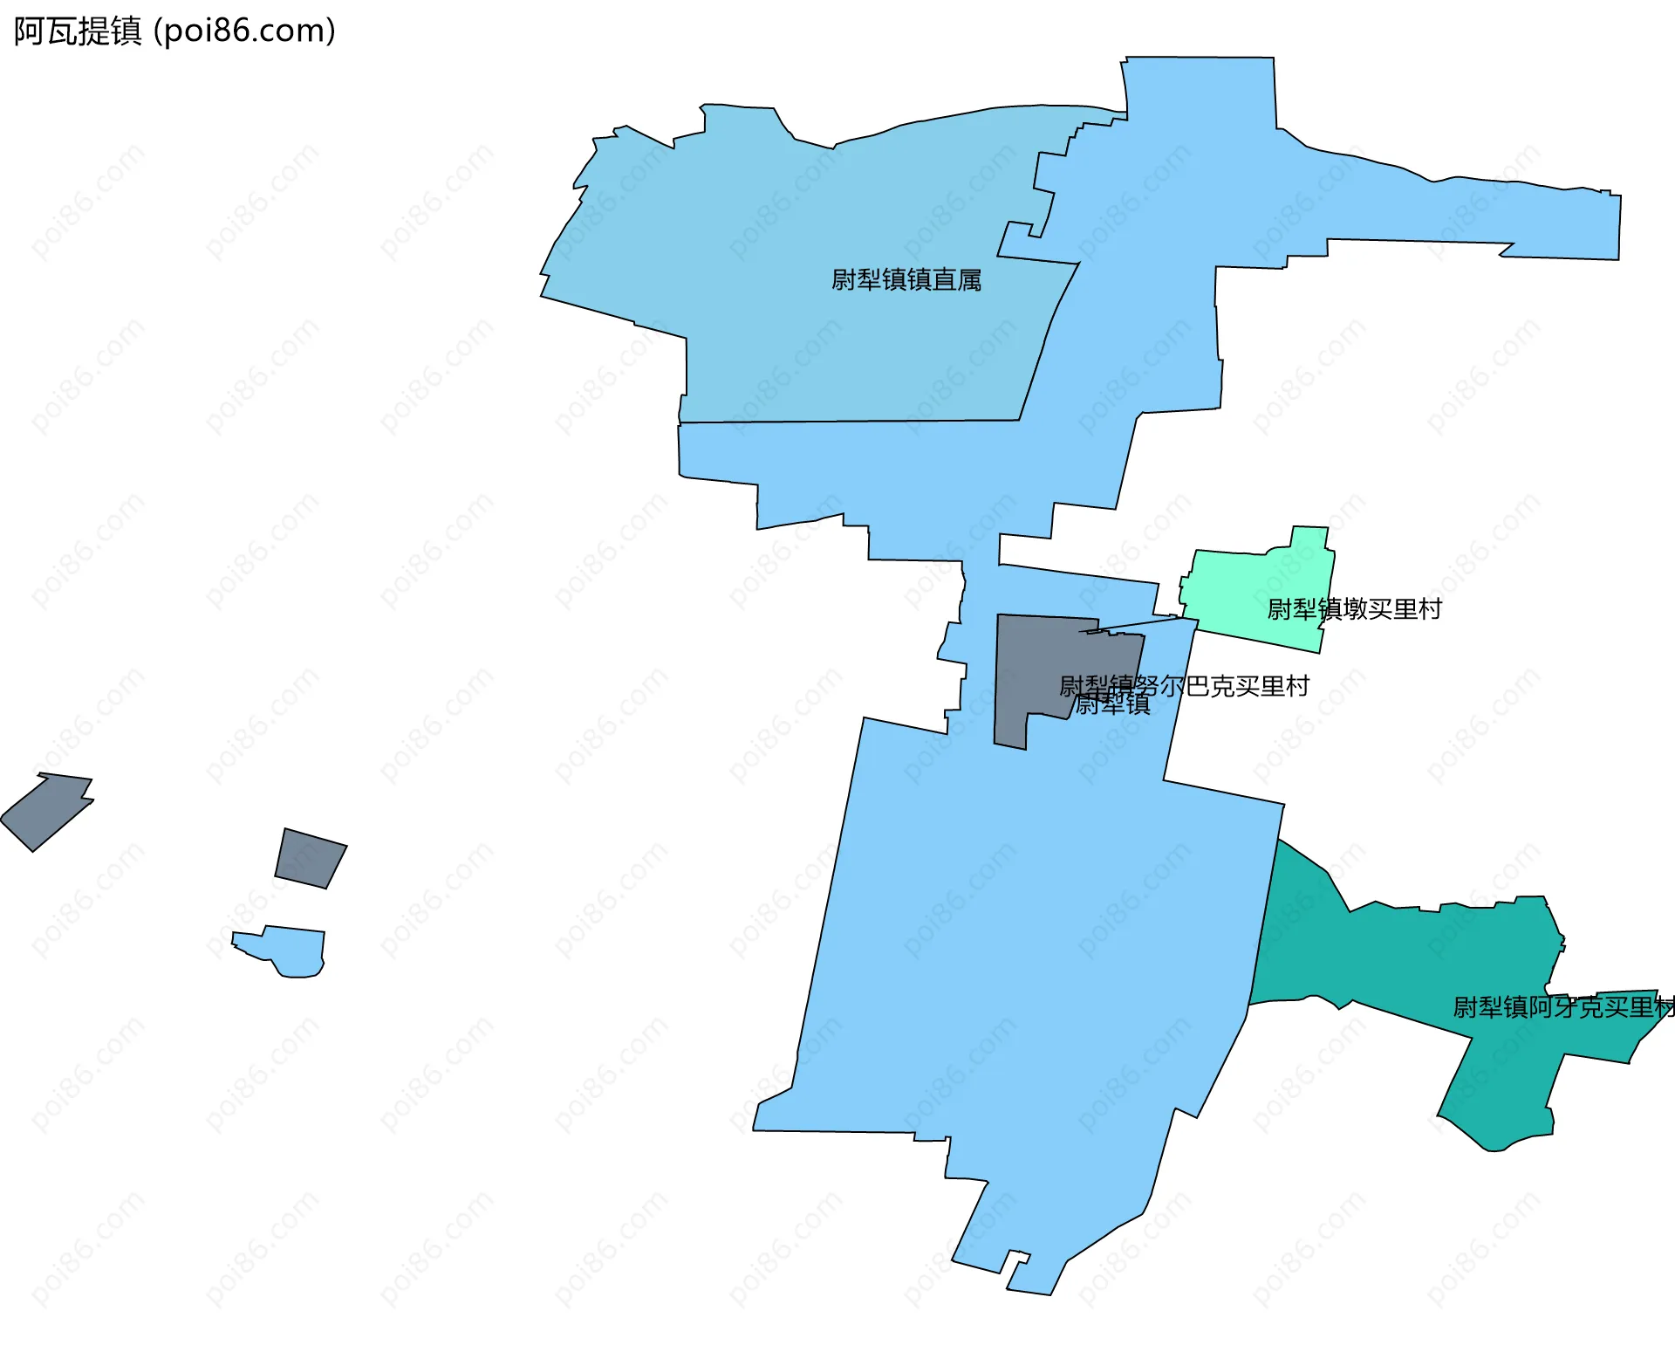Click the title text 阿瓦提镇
[78, 31]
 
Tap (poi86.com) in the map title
[244, 31]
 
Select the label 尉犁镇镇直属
[906, 280]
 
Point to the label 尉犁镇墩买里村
[1354, 609]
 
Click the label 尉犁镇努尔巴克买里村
[1185, 686]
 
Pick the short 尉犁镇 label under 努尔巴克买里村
[1112, 705]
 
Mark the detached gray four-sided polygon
[310, 858]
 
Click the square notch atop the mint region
[1309, 538]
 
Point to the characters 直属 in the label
[957, 280]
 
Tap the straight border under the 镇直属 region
[851, 422]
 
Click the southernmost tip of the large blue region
[1029, 1290]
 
